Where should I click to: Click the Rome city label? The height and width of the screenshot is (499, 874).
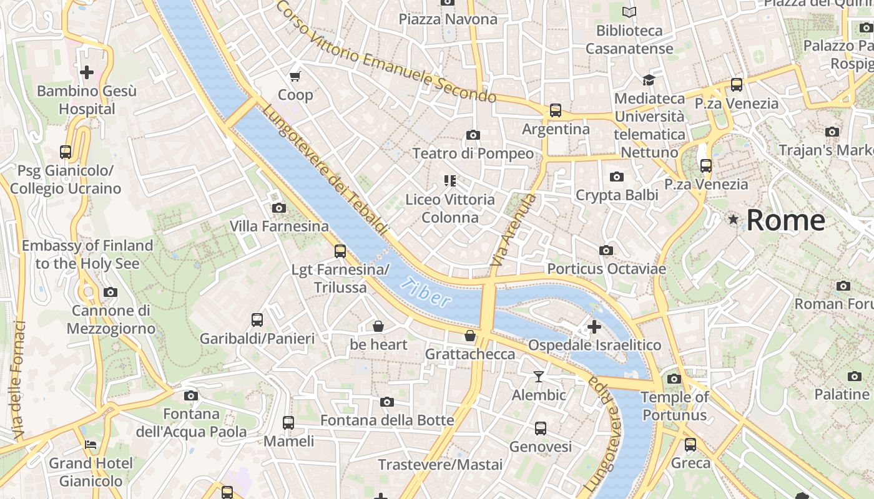(x=785, y=220)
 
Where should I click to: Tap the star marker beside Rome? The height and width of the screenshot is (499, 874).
(x=733, y=220)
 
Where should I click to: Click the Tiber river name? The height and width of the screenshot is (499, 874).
(x=426, y=293)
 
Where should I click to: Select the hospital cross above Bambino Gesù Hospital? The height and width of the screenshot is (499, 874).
(x=87, y=72)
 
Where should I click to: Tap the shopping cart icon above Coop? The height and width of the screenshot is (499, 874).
(x=295, y=76)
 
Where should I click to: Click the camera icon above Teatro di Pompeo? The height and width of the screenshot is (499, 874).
(x=473, y=135)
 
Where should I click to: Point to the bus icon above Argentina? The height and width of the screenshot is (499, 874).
(x=556, y=110)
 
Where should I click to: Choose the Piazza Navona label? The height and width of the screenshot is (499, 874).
(x=448, y=19)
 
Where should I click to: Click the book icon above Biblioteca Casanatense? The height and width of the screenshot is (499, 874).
(x=629, y=12)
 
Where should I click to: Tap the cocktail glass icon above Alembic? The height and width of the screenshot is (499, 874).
(x=539, y=376)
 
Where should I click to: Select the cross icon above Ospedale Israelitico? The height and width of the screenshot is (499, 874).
(x=594, y=326)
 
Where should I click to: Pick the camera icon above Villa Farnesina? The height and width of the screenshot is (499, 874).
(x=279, y=208)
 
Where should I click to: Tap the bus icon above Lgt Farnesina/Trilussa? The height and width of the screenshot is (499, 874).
(x=340, y=251)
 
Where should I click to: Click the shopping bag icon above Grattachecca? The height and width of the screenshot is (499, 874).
(x=470, y=336)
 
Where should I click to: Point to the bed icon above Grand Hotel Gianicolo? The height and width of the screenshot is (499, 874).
(x=91, y=445)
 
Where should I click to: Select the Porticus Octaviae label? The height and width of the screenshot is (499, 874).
(x=606, y=269)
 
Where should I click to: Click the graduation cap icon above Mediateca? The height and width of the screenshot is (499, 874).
(x=649, y=80)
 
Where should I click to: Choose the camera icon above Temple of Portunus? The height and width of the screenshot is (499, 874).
(x=674, y=379)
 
